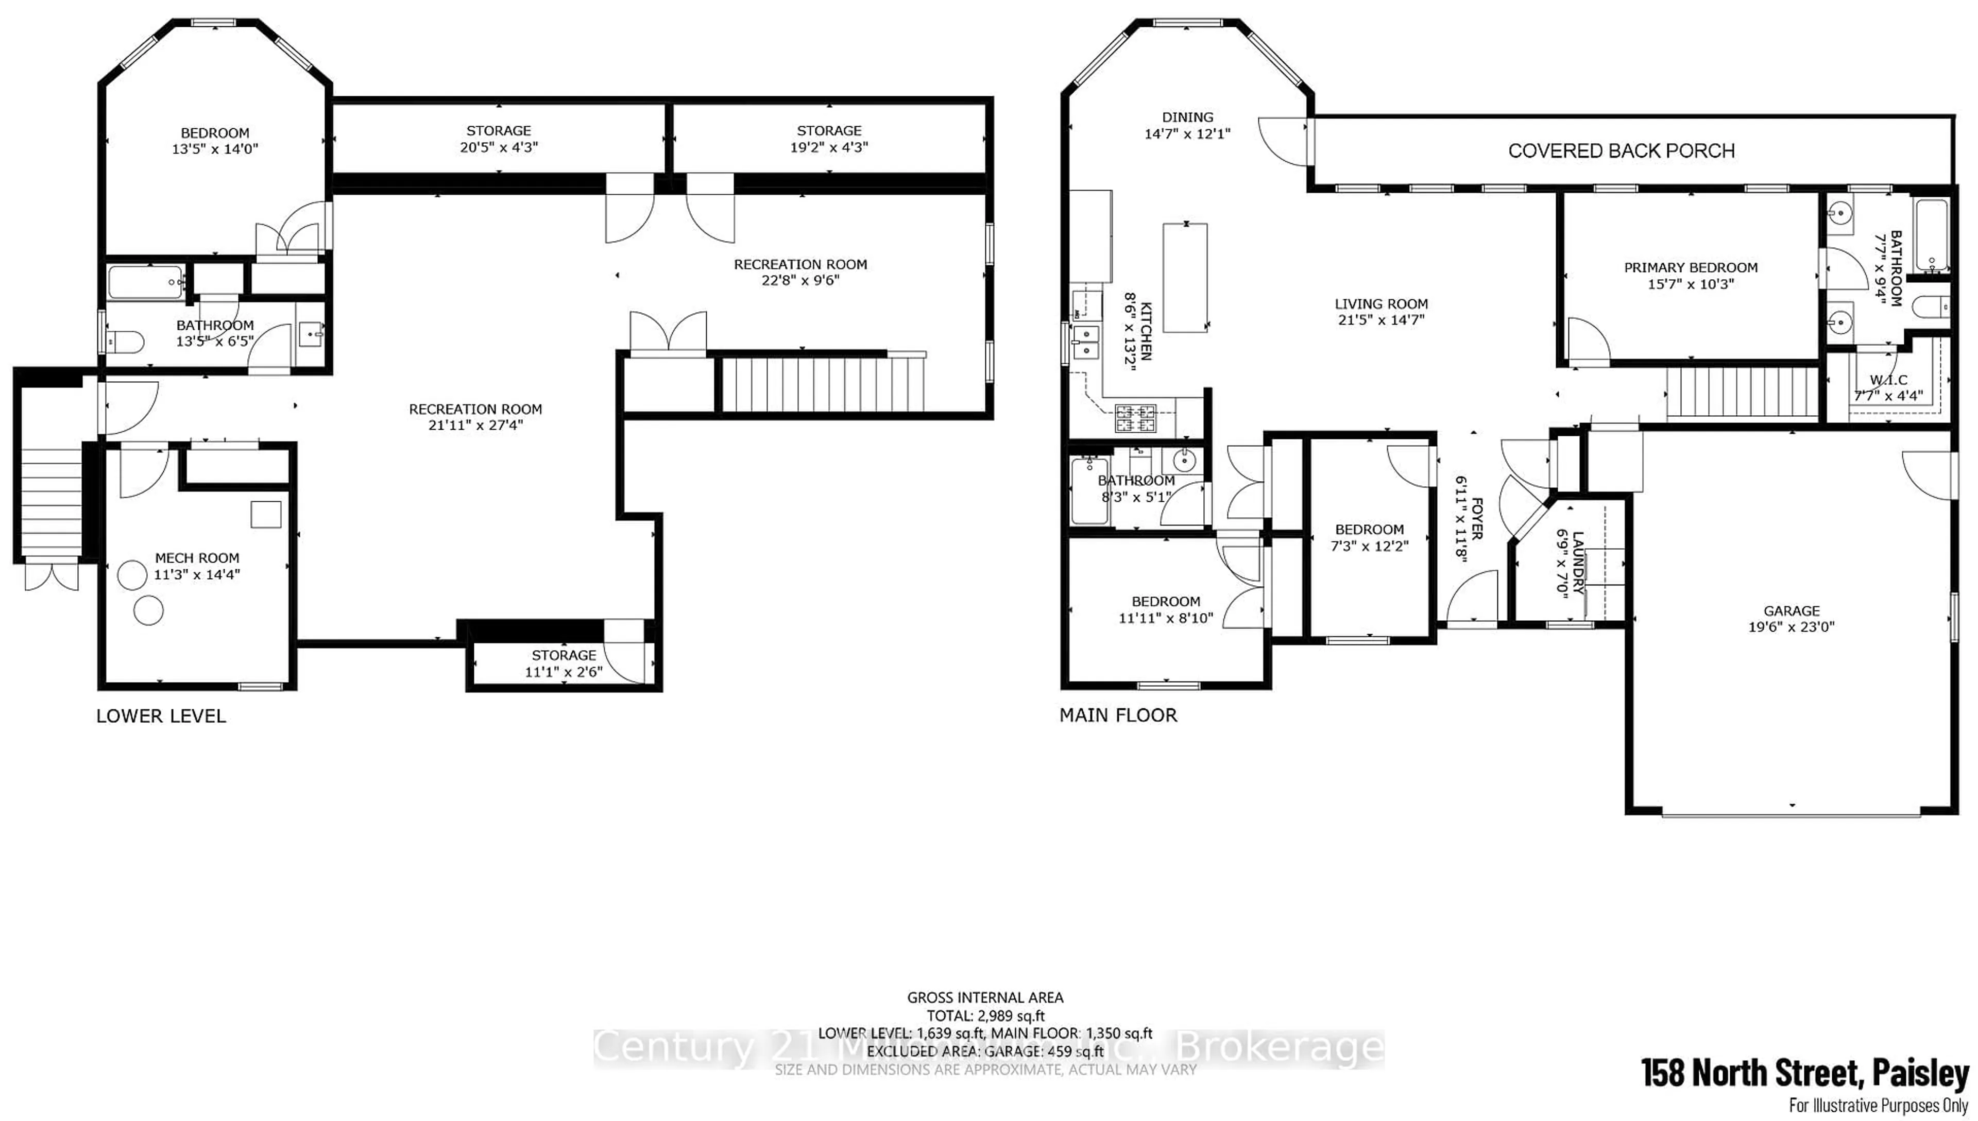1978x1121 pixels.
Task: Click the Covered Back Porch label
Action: [x=1621, y=151]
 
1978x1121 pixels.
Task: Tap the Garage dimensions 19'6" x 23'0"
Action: [x=1791, y=627]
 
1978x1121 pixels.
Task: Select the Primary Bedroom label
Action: [x=1690, y=268]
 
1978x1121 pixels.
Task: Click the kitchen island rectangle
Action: [x=1185, y=277]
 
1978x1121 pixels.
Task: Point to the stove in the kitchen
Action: [x=1135, y=418]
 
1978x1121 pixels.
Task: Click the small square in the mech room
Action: [x=265, y=514]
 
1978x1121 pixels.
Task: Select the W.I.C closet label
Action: [x=1888, y=380]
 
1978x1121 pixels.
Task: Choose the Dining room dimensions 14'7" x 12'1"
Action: [x=1187, y=134]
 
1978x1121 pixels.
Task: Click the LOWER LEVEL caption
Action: [x=161, y=716]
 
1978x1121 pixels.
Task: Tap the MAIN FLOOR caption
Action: [x=1118, y=715]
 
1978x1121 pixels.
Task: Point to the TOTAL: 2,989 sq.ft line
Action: [x=985, y=1015]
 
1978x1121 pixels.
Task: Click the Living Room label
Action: [x=1381, y=304]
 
